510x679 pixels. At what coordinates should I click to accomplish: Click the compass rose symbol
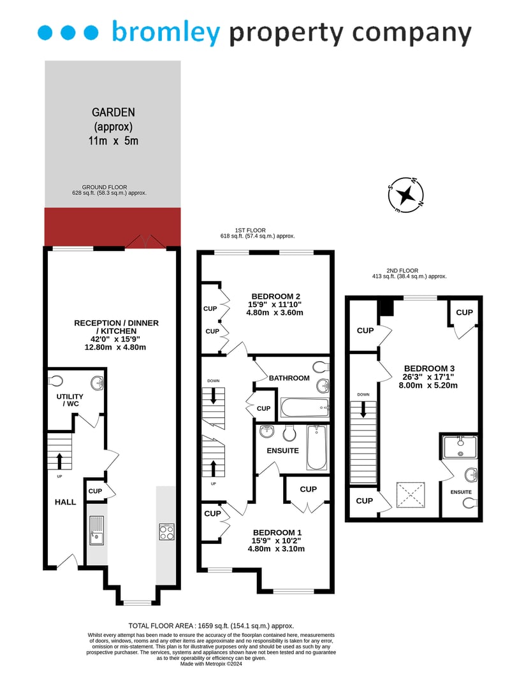coord(405,195)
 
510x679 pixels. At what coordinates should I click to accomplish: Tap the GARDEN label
coord(113,112)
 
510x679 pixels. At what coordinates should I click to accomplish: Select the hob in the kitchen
coord(167,531)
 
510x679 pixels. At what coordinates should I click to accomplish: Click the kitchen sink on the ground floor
coord(97,530)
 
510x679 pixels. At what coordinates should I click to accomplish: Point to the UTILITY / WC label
coord(69,400)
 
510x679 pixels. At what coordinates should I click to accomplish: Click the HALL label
coord(66,502)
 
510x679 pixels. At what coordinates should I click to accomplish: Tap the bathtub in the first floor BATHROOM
coord(305,407)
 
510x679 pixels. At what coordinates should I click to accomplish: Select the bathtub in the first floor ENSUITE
coord(317,448)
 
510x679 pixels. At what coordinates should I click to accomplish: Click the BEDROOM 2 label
coord(275,296)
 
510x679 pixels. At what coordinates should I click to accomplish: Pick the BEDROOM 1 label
coord(277,532)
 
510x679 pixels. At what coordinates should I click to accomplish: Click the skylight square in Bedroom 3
coord(411,494)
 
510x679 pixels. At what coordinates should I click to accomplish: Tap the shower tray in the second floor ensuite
coord(460,447)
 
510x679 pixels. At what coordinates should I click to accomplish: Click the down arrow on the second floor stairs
coord(363,409)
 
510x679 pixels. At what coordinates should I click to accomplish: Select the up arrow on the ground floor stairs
coord(59,461)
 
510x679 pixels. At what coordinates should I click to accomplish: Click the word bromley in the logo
coord(166,32)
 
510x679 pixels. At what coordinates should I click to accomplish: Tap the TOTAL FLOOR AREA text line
coord(211,625)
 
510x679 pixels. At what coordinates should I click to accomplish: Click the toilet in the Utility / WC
coord(55,382)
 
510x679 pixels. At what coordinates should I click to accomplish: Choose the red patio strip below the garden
coord(113,227)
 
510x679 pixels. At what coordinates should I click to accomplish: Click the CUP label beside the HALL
coord(96,491)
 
